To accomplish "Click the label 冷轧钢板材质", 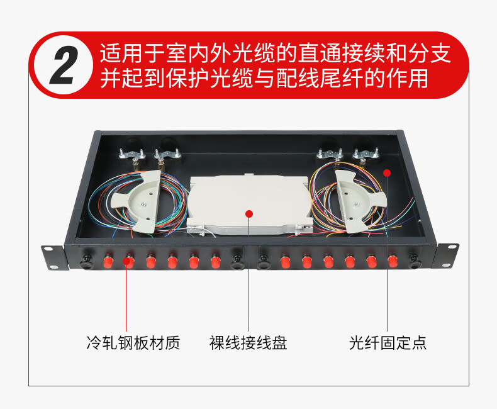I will (x=133, y=343).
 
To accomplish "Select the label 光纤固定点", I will (x=388, y=343).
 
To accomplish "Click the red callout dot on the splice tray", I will (x=249, y=214).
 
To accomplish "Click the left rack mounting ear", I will (x=53, y=259).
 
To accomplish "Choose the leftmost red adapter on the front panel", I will (x=108, y=261).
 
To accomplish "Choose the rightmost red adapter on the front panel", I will (x=393, y=261).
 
